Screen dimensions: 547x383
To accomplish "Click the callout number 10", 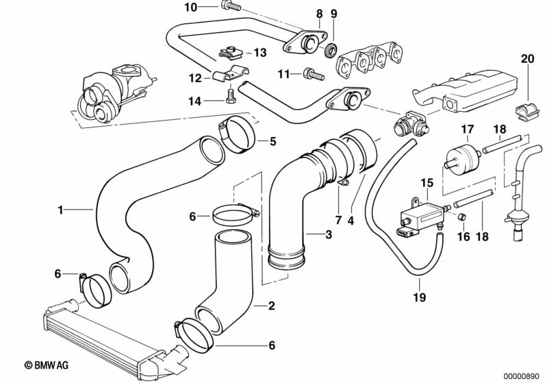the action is (x=191, y=7).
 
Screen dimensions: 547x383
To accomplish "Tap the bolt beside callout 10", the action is (x=231, y=5).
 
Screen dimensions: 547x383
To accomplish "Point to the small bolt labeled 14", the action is (x=231, y=96).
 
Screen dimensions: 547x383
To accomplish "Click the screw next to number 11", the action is (x=314, y=74).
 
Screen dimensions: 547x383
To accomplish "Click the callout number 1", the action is (x=61, y=210).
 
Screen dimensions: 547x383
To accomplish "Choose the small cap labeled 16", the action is (x=461, y=217).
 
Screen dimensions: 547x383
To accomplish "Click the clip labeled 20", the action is (x=527, y=112).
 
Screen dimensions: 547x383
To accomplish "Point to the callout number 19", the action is (x=420, y=297).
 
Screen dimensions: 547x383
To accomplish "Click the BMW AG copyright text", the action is (x=47, y=365).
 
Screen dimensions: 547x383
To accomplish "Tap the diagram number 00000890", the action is (x=521, y=377).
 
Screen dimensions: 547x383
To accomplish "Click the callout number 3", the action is (x=329, y=234).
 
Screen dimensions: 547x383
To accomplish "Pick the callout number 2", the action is (x=271, y=306).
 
